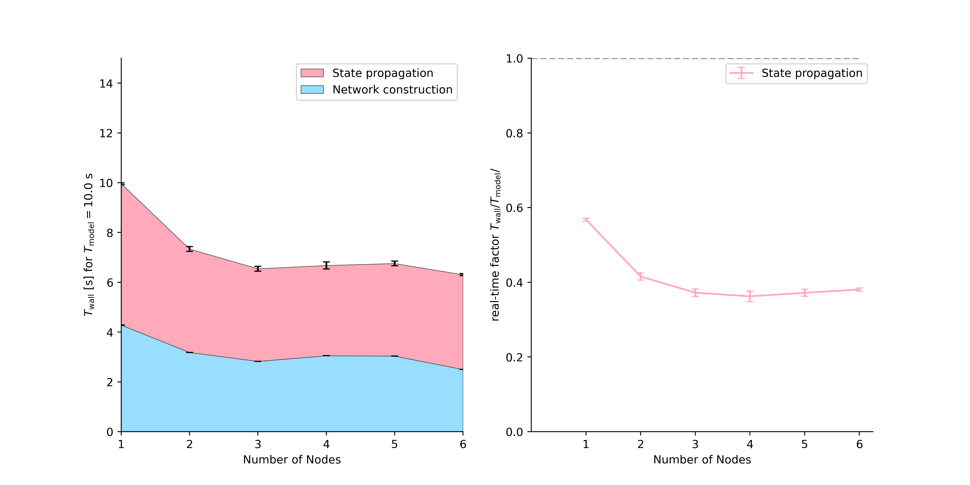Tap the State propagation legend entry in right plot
coord(812,73)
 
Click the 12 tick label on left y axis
coord(106,133)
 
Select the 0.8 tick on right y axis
coord(514,133)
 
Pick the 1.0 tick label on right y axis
coord(514,59)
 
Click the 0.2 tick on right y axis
coord(514,357)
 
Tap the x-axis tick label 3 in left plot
coord(258,444)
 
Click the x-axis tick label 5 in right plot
coord(804,444)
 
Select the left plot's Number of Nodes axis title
coord(292,460)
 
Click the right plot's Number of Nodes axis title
coord(702,460)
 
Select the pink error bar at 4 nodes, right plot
coord(750,296)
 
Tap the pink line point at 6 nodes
coord(859,290)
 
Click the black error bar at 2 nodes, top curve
coord(189,249)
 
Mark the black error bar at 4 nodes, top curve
coord(326,266)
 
